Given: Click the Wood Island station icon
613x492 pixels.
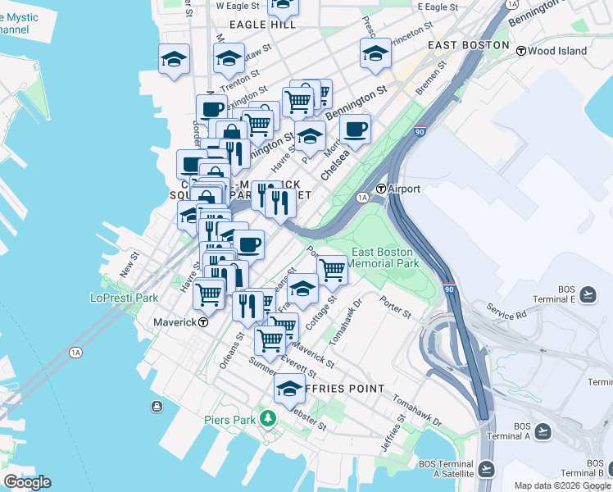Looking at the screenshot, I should [x=520, y=51].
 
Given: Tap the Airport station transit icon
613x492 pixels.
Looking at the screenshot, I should [x=381, y=189].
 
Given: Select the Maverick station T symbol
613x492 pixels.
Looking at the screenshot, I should [x=204, y=322].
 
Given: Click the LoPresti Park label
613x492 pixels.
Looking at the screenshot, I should [x=124, y=298].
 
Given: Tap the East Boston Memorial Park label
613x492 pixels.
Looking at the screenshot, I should [x=385, y=257].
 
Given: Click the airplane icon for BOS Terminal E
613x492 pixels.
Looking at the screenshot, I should [x=588, y=293].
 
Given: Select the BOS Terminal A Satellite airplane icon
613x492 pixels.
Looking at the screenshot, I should [x=487, y=468].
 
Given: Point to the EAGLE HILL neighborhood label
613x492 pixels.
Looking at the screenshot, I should [x=262, y=25].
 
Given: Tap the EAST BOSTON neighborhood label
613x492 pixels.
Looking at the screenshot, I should [x=469, y=45].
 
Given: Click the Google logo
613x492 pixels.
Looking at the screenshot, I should [x=27, y=482].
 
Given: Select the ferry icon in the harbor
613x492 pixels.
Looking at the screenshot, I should [x=157, y=406].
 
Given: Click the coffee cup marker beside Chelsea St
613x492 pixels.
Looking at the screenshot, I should [x=356, y=129].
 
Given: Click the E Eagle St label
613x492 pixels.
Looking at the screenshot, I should [x=438, y=7].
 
